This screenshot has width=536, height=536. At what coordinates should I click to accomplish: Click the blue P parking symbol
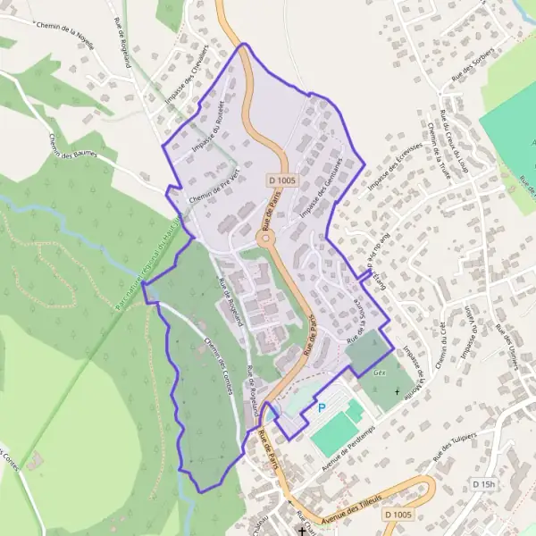(321, 408)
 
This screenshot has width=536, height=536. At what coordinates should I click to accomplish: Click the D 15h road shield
(483, 483)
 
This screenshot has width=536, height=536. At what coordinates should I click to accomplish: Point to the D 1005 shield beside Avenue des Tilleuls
(398, 515)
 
